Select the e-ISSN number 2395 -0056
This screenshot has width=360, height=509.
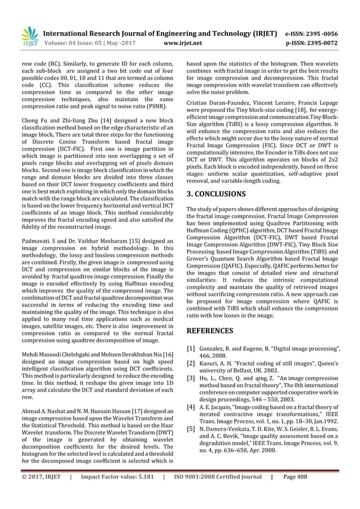[x=323, y=32]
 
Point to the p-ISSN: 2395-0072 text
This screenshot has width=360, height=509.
[x=320, y=42]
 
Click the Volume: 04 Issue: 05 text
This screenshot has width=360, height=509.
[x=77, y=42]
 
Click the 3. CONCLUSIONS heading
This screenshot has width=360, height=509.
[x=216, y=194]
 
